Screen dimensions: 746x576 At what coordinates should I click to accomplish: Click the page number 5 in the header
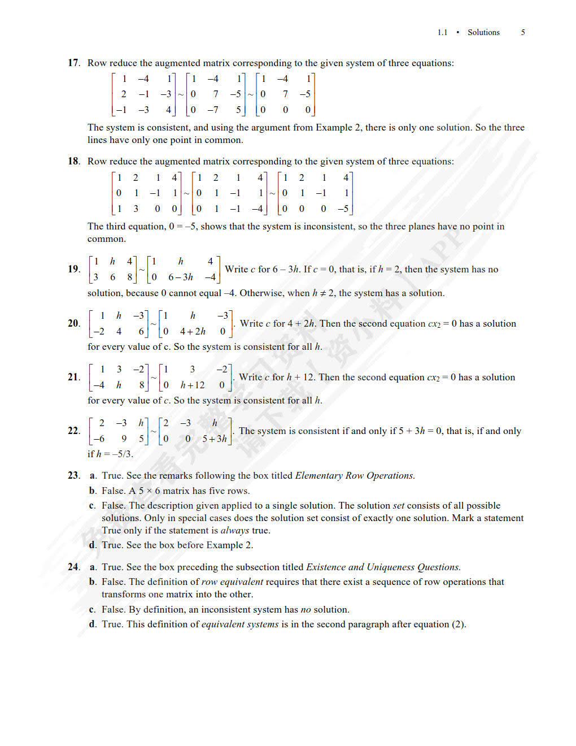[x=523, y=32]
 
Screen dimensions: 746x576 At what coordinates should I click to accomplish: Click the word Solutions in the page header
[x=483, y=32]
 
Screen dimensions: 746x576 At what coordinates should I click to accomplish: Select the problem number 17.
[x=73, y=63]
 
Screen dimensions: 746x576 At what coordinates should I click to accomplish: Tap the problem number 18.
[x=73, y=161]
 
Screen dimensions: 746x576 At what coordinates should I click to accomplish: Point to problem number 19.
[x=73, y=269]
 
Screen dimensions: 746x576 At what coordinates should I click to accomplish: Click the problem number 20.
[x=73, y=323]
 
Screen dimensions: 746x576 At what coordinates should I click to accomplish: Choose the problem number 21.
[x=73, y=377]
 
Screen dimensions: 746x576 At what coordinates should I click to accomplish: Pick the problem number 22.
[x=73, y=431]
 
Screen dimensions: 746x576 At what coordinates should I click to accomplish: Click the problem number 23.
[x=73, y=475]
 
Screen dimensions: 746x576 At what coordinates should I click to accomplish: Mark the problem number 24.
[x=73, y=567]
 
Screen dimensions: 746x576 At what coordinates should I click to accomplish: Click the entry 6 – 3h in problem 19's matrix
[x=181, y=277]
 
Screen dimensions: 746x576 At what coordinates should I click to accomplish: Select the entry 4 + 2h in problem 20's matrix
[x=193, y=331]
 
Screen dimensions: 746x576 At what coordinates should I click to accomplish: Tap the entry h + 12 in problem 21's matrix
[x=193, y=385]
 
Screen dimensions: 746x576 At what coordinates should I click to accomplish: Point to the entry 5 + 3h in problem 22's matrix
[x=215, y=439]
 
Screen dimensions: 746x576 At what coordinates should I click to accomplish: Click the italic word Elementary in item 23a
[x=319, y=475]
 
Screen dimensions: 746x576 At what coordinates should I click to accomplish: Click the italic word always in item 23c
[x=235, y=530]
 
